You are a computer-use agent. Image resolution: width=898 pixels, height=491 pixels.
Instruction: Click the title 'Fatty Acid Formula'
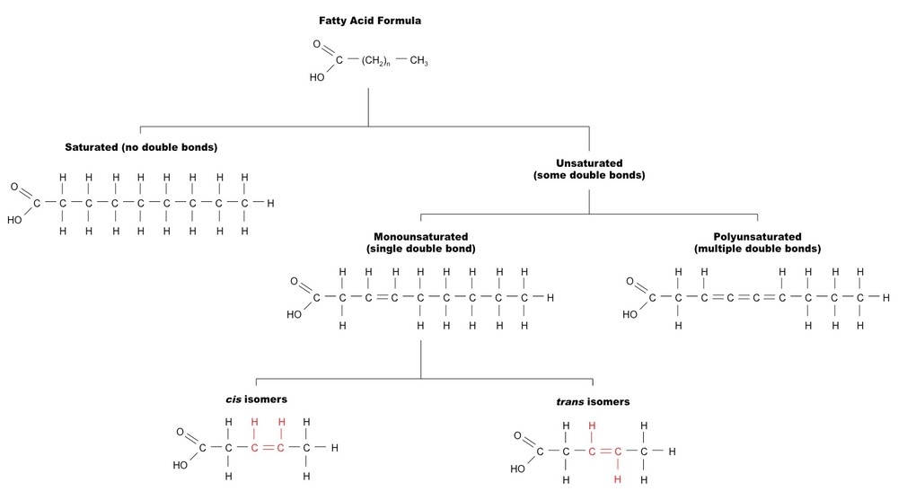click(x=368, y=19)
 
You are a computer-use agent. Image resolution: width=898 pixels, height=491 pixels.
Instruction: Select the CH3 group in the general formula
click(x=419, y=61)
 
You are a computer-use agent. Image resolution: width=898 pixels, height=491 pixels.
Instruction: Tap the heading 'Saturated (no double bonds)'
click(x=141, y=146)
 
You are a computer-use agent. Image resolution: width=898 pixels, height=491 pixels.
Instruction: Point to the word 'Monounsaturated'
click(x=421, y=236)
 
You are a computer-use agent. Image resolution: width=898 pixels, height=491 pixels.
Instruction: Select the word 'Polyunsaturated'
click(x=757, y=236)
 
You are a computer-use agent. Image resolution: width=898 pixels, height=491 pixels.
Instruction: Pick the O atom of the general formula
click(x=317, y=44)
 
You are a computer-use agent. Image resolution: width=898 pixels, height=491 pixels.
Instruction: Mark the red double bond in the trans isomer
click(x=604, y=452)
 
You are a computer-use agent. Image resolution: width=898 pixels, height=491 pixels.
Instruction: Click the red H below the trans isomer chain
click(x=617, y=479)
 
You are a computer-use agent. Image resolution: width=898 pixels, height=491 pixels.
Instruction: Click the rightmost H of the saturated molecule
click(x=270, y=203)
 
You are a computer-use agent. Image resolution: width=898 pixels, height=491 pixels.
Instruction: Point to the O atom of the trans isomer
click(x=518, y=436)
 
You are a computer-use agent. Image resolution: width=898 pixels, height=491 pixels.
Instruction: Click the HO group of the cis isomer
click(x=180, y=466)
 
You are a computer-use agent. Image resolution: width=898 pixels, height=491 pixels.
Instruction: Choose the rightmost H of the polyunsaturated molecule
click(x=885, y=297)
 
